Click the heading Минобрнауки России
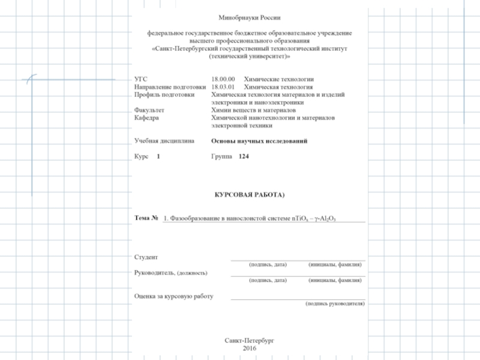pos(250,19)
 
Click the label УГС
pos(140,79)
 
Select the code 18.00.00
pos(223,79)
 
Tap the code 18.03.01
pos(223,87)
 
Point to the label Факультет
pos(149,110)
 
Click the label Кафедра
pos(146,118)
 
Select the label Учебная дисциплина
pos(164,141)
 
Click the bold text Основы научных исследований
pos(260,141)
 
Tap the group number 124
pos(243,156)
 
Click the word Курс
pos(141,156)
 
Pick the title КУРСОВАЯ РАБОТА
pos(248,195)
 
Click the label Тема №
pos(146,218)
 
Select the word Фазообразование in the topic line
pos(196,218)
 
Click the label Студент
pos(146,257)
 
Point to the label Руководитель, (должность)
pos(171,272)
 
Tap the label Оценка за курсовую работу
pos(174,296)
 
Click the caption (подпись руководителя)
pos(335,304)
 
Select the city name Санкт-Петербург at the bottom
pos(250,340)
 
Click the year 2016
pos(250,348)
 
